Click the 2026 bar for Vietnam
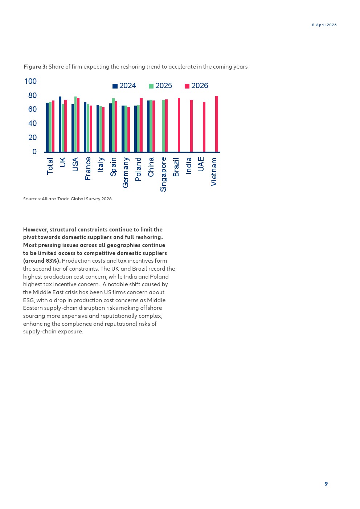[x=217, y=124]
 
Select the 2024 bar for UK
[x=60, y=124]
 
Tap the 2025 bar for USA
[x=75, y=124]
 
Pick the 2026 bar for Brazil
[x=179, y=125]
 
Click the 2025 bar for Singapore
[x=163, y=126]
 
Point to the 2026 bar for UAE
[x=204, y=127]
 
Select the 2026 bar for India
[x=191, y=126]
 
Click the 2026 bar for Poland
[x=141, y=125]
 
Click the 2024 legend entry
[x=124, y=86]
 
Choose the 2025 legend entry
[x=160, y=86]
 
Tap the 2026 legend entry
[x=196, y=86]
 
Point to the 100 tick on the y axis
[x=30, y=81]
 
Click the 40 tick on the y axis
[x=33, y=123]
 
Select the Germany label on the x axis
[x=126, y=173]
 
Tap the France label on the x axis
[x=88, y=169]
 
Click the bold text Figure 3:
[x=36, y=67]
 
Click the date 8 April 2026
[x=324, y=25]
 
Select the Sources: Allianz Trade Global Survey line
[x=67, y=199]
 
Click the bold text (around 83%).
[x=42, y=261]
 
